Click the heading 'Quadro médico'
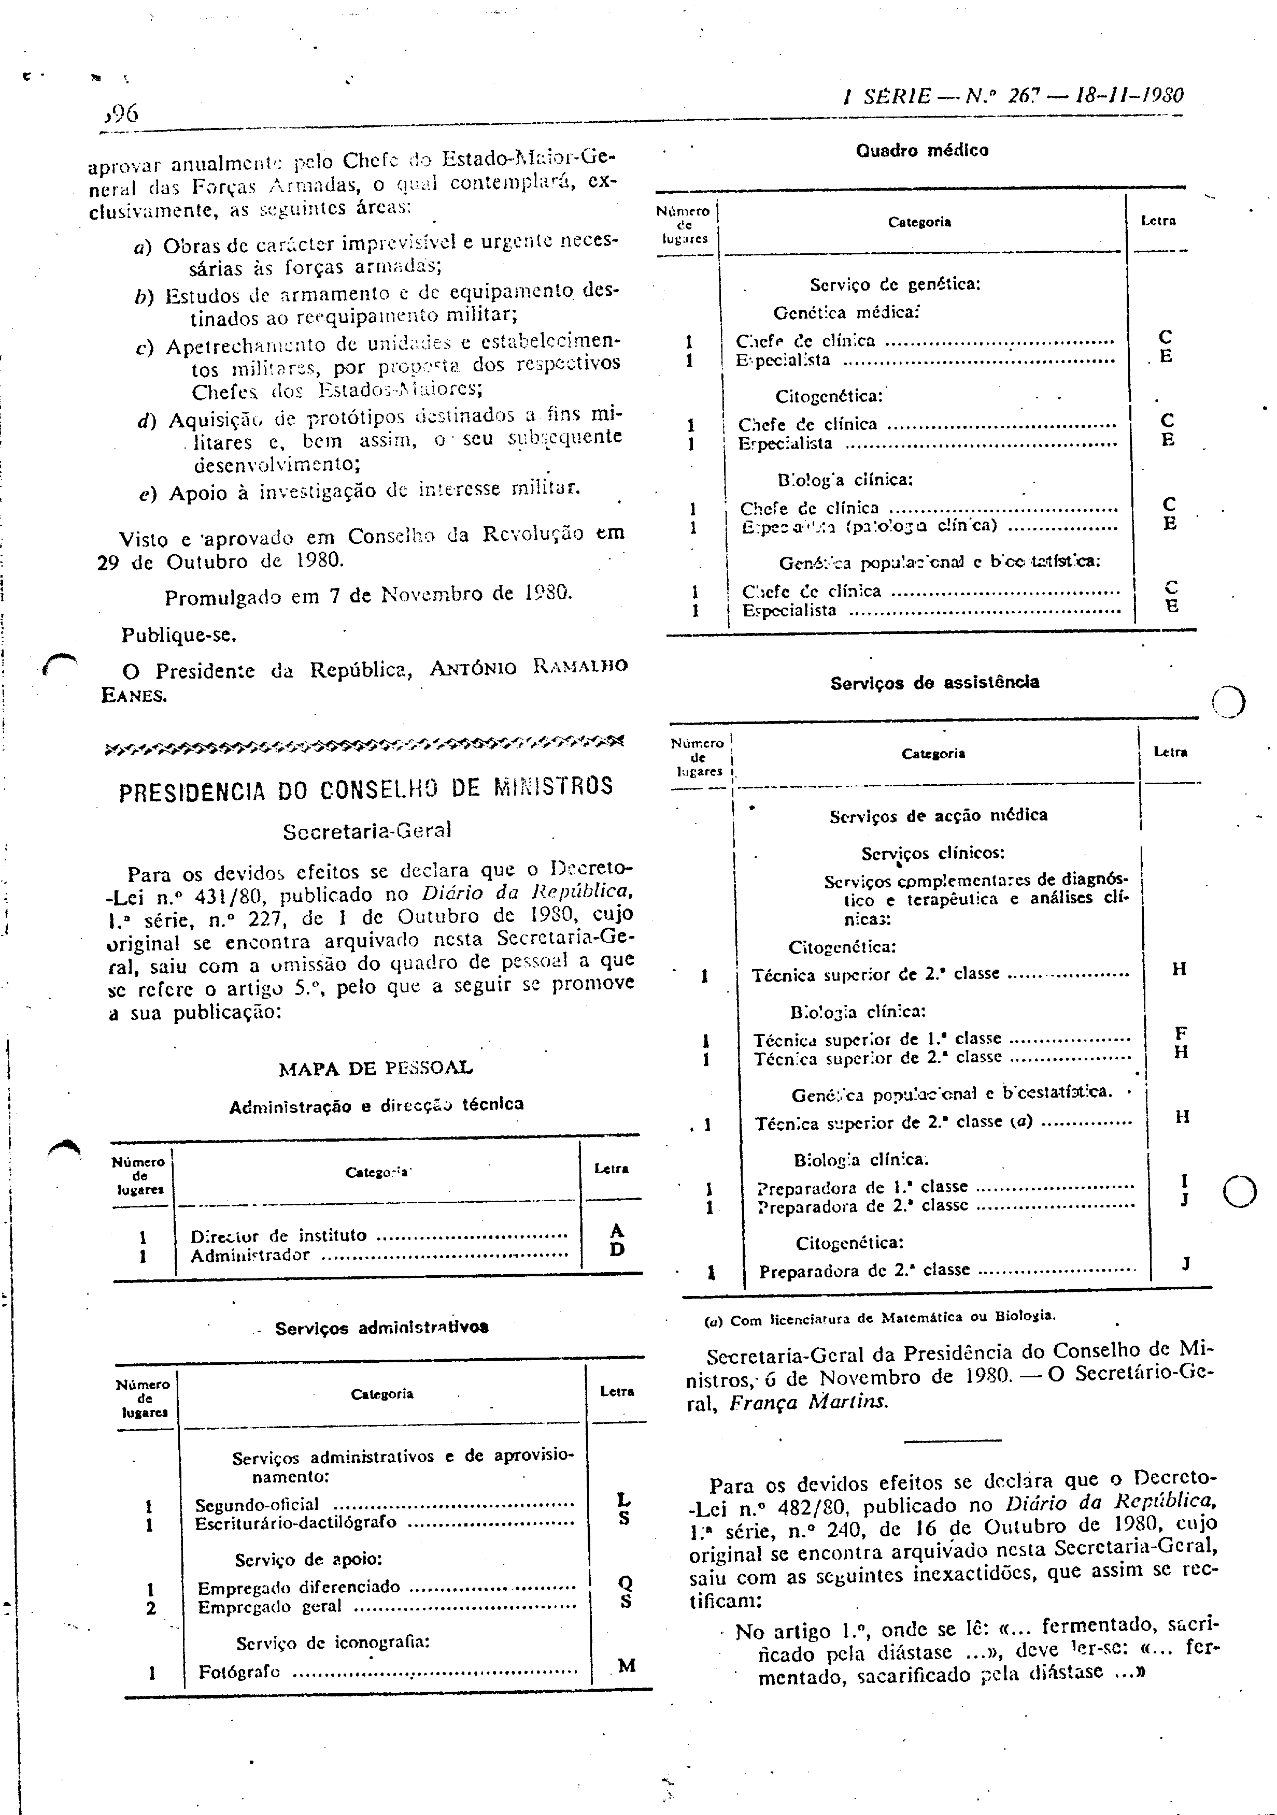tap(922, 150)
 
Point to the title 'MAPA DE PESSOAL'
tap(376, 1068)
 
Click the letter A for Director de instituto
tap(618, 1230)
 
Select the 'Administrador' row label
tap(250, 1255)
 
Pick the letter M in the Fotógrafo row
tap(626, 1666)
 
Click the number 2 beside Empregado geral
tap(151, 1607)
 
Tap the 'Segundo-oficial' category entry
tap(257, 1504)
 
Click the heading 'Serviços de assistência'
tap(934, 682)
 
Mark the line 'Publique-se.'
tap(179, 635)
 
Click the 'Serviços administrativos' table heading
tap(382, 1328)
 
